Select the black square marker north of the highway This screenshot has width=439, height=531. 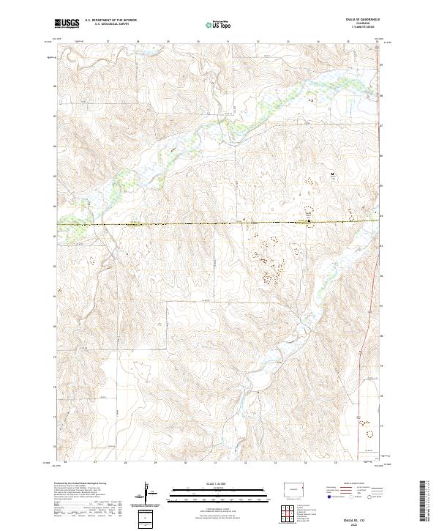tap(333, 174)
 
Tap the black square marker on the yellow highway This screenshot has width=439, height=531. tap(309, 221)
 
